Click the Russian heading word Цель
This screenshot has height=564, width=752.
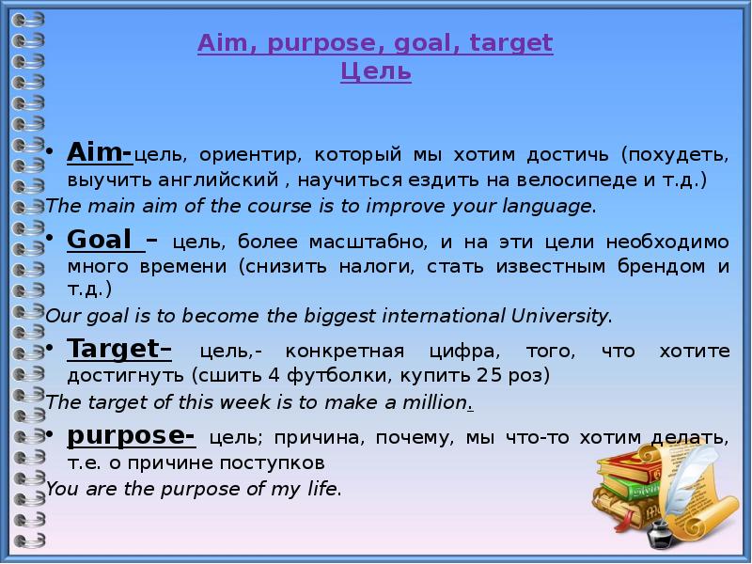(x=375, y=71)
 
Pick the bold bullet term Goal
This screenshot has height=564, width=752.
(x=98, y=241)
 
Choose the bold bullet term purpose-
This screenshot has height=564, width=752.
(x=131, y=437)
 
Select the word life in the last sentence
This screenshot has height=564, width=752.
(x=321, y=489)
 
